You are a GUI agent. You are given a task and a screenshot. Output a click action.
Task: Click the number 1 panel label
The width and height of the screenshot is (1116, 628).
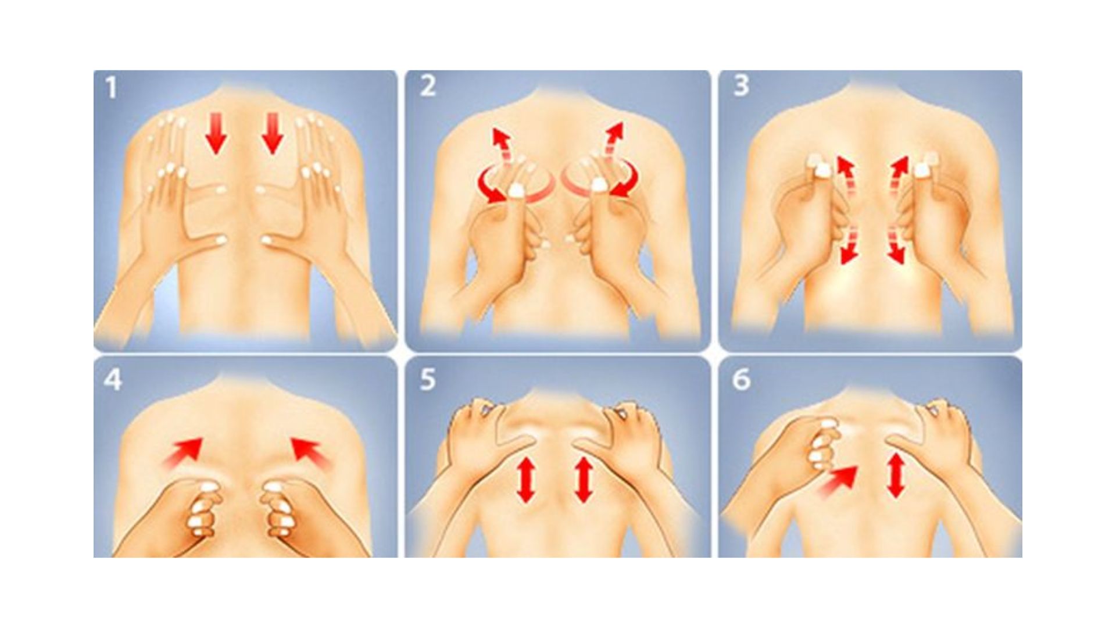(111, 88)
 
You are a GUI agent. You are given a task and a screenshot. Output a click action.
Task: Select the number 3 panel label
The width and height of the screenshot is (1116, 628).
(741, 86)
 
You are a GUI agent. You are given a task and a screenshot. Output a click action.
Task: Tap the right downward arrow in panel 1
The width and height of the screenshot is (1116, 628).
(271, 134)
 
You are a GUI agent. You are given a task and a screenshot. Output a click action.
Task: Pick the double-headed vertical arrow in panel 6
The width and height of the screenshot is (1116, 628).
(896, 476)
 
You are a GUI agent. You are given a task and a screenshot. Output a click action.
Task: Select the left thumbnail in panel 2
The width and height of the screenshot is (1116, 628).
(516, 190)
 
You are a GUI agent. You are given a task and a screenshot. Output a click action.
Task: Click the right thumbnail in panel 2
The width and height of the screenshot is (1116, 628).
(599, 185)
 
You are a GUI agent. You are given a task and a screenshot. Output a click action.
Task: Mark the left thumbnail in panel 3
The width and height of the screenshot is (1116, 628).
(822, 170)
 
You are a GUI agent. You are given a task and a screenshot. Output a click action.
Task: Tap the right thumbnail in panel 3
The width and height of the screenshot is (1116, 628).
(922, 170)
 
